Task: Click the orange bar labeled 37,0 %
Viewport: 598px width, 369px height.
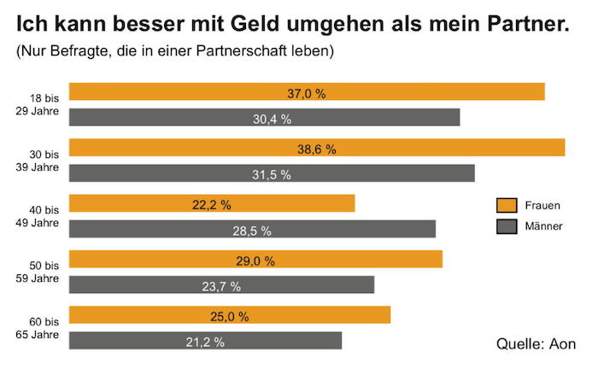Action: click(x=307, y=91)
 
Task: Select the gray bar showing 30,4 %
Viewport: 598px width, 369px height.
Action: click(x=264, y=118)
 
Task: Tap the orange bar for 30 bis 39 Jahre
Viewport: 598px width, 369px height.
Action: click(x=316, y=148)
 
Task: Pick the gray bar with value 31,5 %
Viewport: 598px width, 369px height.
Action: click(x=271, y=173)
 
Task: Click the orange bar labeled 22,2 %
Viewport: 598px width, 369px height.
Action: click(x=211, y=203)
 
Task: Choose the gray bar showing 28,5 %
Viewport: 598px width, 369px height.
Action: click(x=252, y=229)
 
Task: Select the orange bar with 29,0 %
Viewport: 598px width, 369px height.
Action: click(x=255, y=260)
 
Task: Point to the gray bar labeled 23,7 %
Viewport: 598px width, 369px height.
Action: click(x=221, y=285)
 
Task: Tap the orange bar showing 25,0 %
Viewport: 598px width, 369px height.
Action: click(x=229, y=315)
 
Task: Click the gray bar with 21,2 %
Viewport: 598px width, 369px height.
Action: click(x=205, y=341)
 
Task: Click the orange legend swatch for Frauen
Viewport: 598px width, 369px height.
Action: click(x=507, y=205)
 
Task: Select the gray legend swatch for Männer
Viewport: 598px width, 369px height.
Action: click(x=507, y=226)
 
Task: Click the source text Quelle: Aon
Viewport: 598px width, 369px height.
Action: click(x=536, y=343)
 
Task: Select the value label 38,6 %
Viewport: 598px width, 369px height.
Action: click(x=316, y=149)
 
